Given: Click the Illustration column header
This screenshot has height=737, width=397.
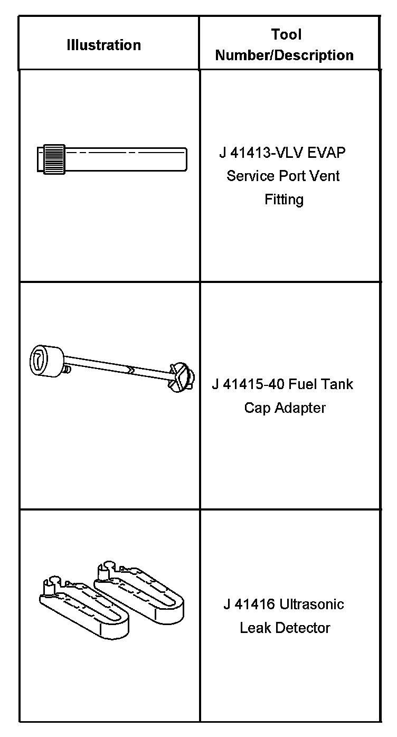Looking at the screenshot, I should [104, 45].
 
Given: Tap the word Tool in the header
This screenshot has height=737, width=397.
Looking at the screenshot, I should [286, 35].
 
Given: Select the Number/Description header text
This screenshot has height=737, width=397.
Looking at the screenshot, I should [285, 55].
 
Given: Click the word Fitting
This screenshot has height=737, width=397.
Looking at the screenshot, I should [284, 200].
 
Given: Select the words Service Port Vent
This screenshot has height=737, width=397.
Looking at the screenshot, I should [283, 176].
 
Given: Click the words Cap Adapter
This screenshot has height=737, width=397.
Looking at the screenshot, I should [285, 408].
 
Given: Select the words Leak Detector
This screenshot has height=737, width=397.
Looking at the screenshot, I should [285, 628].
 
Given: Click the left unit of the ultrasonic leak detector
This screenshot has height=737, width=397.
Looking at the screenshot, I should [84, 607].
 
